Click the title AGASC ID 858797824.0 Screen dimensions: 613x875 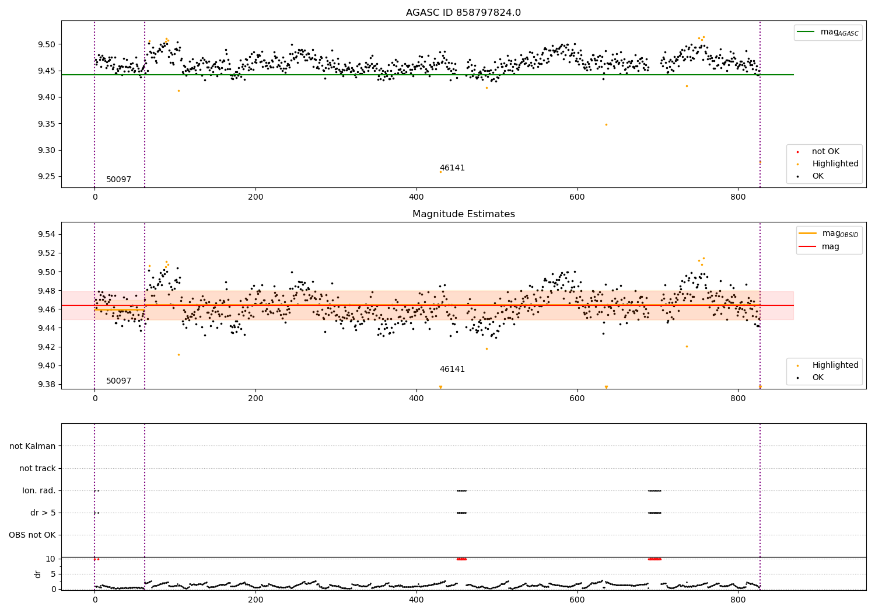pyautogui.click(x=463, y=13)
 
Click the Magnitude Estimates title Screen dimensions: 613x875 pyautogui.click(x=463, y=214)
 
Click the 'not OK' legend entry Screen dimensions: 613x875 pyautogui.click(x=825, y=152)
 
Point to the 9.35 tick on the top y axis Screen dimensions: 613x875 pyautogui.click(x=46, y=124)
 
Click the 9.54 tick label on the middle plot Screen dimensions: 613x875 pyautogui.click(x=46, y=234)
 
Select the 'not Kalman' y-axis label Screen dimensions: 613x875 pyautogui.click(x=33, y=446)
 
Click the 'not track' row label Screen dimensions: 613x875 pyautogui.click(x=37, y=468)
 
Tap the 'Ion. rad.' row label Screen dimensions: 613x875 pyautogui.click(x=39, y=490)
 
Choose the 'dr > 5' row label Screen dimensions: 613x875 pyautogui.click(x=43, y=513)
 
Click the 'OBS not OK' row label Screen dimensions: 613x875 pyautogui.click(x=32, y=535)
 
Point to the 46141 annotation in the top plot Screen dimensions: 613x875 pyautogui.click(x=452, y=168)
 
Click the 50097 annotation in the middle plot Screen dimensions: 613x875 pyautogui.click(x=118, y=381)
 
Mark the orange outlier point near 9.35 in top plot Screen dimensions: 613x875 pyautogui.click(x=606, y=124)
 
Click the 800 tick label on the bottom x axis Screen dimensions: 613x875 pyautogui.click(x=738, y=600)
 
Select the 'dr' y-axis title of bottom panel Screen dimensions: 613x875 pyautogui.click(x=38, y=574)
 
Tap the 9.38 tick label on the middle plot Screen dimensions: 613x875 pyautogui.click(x=46, y=384)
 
